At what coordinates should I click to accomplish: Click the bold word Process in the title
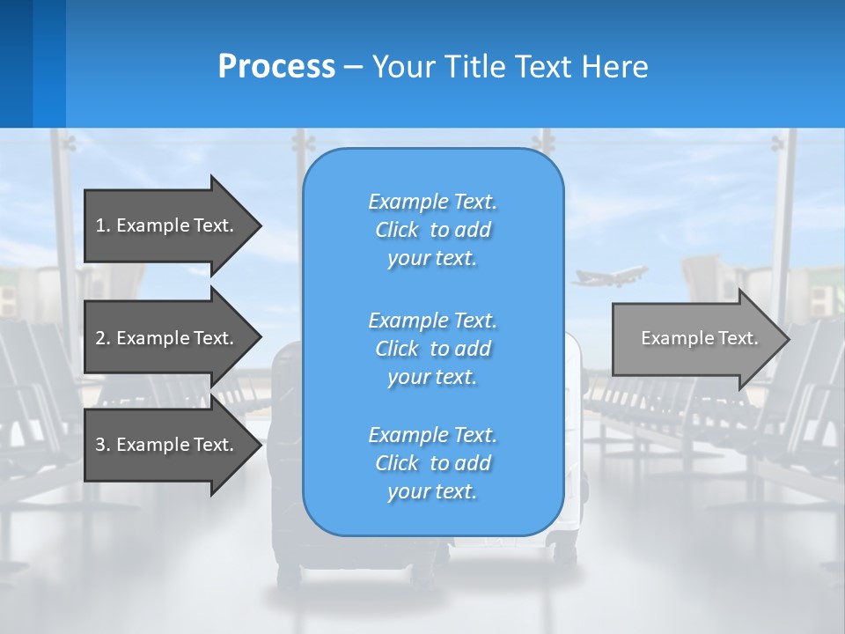coord(276,67)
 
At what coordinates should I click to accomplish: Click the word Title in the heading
coord(474,67)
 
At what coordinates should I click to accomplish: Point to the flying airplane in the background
coord(608,277)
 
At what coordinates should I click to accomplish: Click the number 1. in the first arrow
coord(103,225)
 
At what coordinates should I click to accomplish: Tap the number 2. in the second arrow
coord(103,338)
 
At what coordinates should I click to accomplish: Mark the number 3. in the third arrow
coord(103,445)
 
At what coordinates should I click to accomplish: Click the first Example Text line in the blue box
coord(432,202)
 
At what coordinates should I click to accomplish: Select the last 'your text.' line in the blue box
coord(432,491)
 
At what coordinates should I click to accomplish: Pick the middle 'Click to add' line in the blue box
coord(432,349)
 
